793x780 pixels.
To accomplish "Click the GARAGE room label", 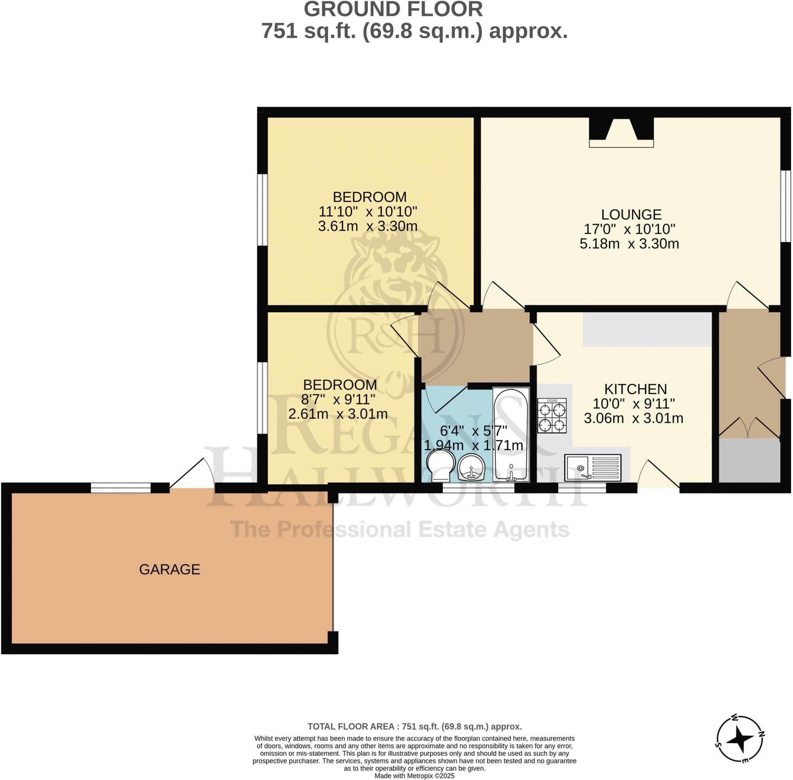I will pyautogui.click(x=170, y=569).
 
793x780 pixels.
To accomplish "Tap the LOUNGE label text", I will pyautogui.click(x=631, y=214).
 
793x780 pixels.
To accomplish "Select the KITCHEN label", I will pyautogui.click(x=635, y=389).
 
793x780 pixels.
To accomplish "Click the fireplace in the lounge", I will pyautogui.click(x=621, y=132).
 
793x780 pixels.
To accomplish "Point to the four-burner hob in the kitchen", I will pyautogui.click(x=552, y=416).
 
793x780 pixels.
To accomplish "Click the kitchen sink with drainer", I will pyautogui.click(x=592, y=467).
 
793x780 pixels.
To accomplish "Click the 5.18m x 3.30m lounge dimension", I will pyautogui.click(x=629, y=244).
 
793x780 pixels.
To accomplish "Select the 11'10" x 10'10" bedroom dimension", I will pyautogui.click(x=367, y=211).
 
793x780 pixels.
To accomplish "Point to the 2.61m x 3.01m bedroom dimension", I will pyautogui.click(x=338, y=414).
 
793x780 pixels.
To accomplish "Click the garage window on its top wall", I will pyautogui.click(x=120, y=488).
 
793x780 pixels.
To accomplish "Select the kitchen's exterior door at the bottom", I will pyautogui.click(x=658, y=475).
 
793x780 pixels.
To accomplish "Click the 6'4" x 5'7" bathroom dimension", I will pyautogui.click(x=473, y=431).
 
